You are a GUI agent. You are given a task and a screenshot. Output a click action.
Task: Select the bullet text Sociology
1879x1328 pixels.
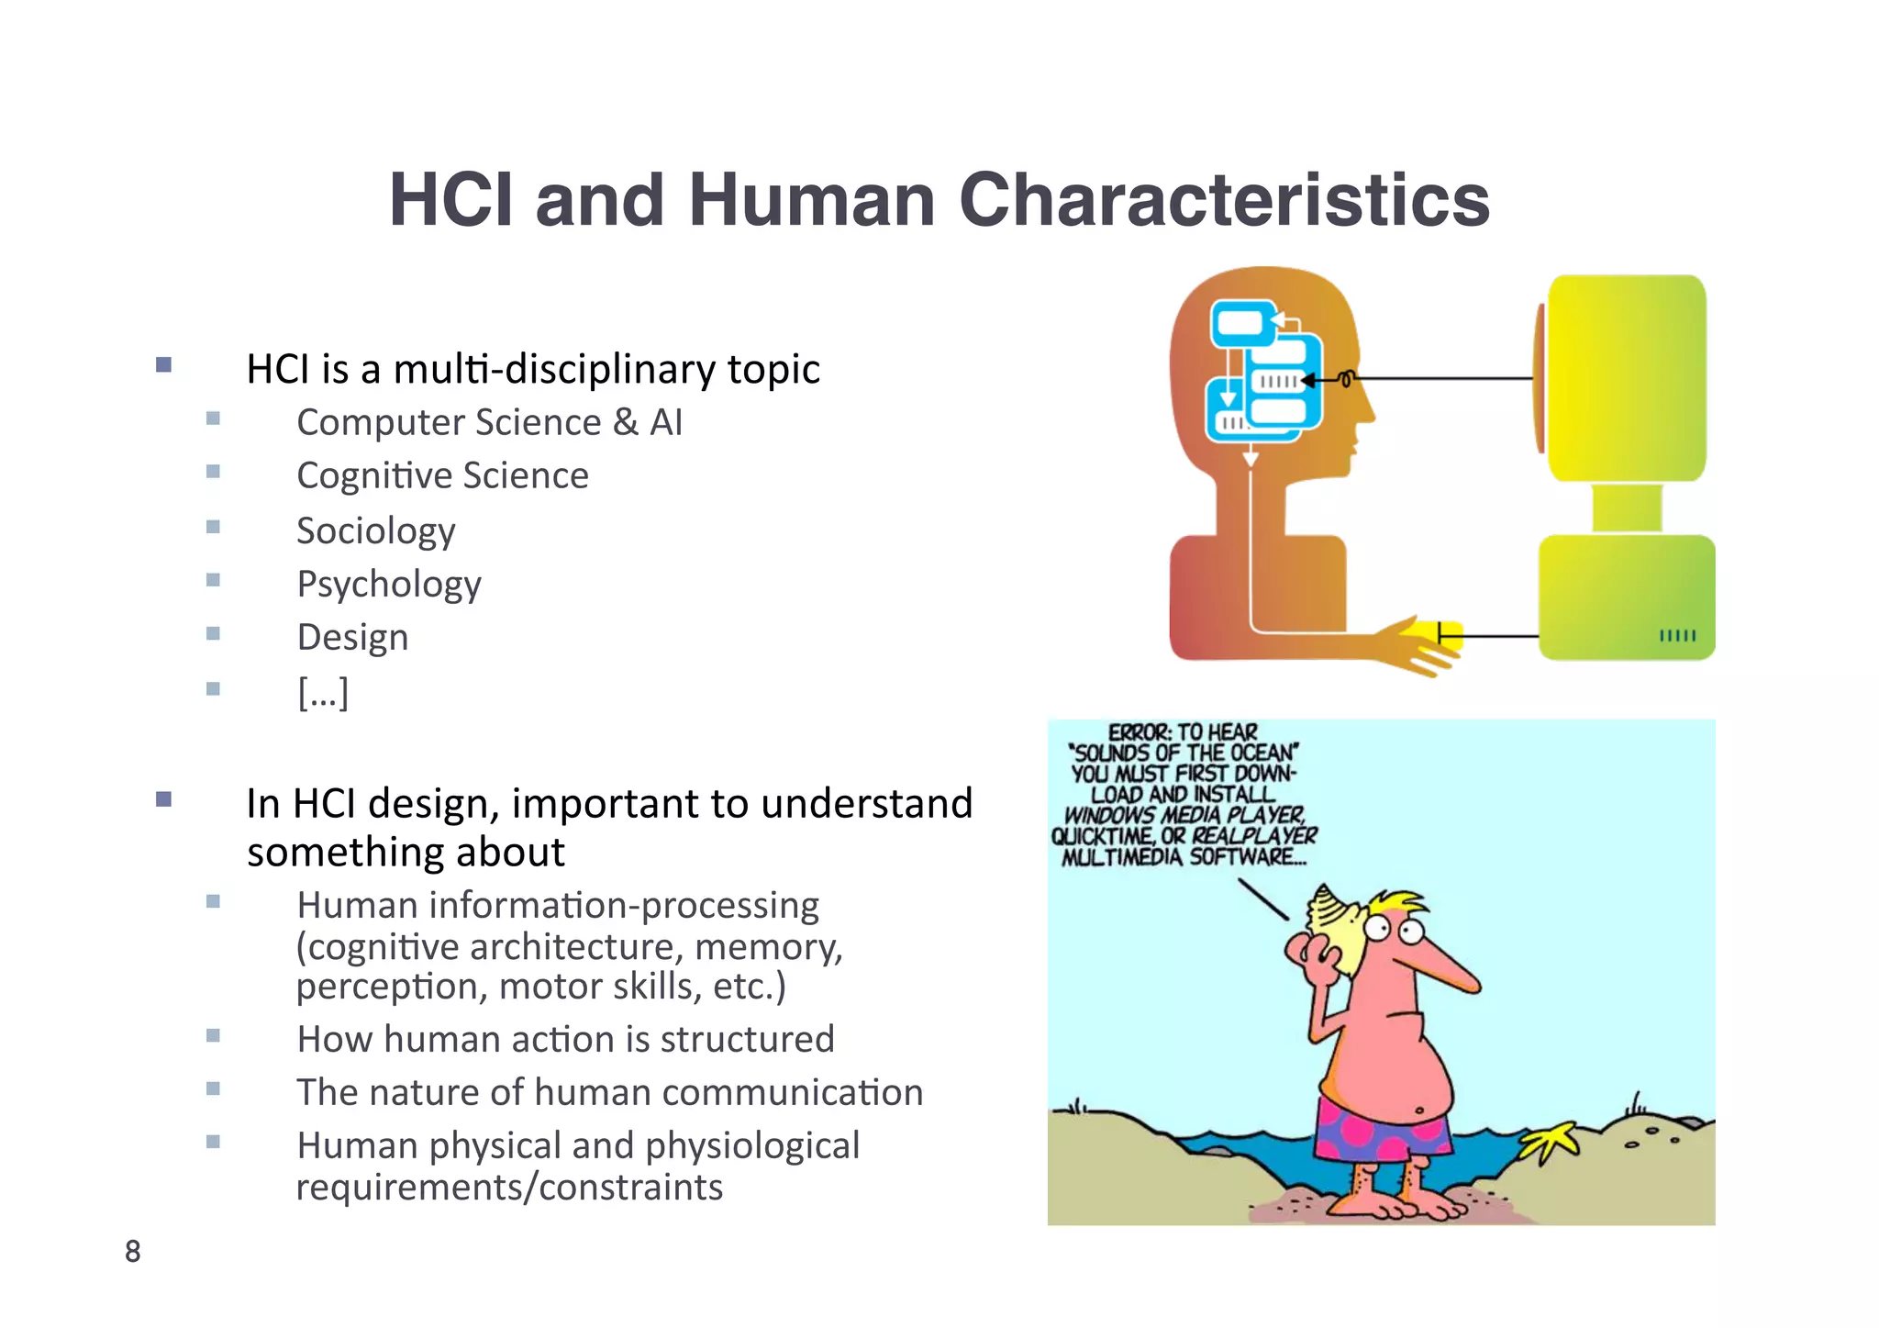tap(375, 530)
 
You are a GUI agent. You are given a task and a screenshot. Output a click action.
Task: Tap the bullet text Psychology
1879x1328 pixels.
tap(388, 585)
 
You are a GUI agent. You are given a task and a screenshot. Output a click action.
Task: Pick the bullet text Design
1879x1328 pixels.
tap(352, 637)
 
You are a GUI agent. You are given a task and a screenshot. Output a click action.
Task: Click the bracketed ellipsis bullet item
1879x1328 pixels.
tap(323, 691)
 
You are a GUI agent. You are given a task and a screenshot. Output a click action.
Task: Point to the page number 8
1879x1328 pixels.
tap(133, 1251)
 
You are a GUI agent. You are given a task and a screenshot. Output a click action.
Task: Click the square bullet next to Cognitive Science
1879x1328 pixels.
tap(213, 473)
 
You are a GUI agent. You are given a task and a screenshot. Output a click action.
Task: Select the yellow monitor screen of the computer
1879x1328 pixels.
tap(1626, 378)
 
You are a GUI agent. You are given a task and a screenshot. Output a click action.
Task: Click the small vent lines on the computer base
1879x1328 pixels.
tap(1677, 635)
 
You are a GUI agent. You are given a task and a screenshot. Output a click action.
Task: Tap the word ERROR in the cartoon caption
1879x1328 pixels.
tap(1139, 732)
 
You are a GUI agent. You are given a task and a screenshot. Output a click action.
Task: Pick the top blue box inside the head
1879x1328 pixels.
tap(1241, 324)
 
